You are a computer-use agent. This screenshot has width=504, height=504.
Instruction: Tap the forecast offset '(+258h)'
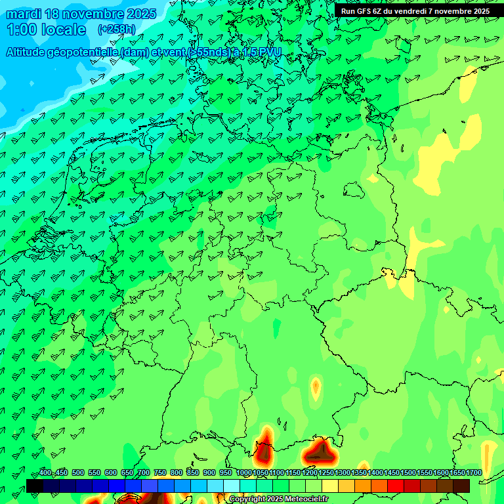click(116, 30)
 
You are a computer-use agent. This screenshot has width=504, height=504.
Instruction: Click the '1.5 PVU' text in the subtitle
click(262, 52)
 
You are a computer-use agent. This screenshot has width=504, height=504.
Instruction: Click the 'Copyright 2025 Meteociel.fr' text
click(278, 499)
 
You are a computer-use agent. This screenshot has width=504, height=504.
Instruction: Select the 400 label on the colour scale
click(45, 473)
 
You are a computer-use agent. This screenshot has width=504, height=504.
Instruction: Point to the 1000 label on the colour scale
click(244, 473)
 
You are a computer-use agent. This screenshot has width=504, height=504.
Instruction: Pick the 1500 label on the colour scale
click(408, 473)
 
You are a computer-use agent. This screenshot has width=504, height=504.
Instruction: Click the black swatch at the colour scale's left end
click(35, 486)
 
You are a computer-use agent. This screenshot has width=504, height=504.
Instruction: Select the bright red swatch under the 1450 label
click(396, 486)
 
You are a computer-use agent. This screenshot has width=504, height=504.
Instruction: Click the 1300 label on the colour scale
click(343, 473)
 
